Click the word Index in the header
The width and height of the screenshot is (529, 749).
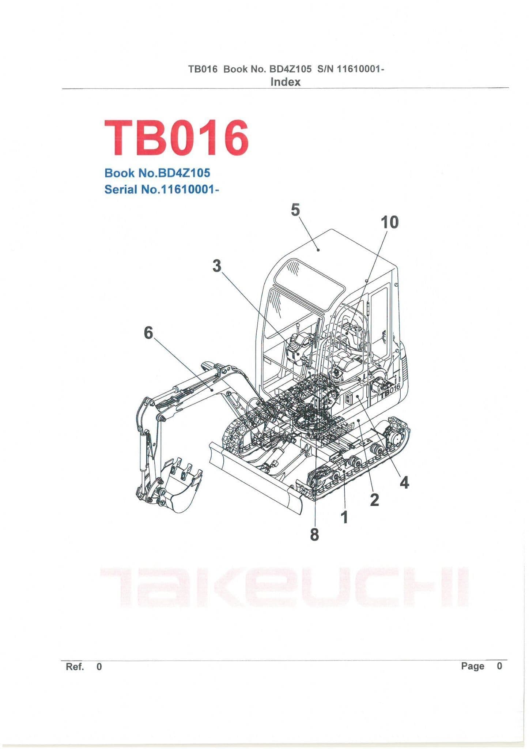point(285,82)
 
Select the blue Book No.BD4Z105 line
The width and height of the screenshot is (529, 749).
point(157,173)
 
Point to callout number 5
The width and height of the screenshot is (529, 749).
point(295,210)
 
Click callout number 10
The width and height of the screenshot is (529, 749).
point(389,222)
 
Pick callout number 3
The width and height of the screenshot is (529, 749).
point(217,266)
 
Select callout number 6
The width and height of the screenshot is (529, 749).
point(148,333)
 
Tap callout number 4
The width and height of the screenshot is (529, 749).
point(404,483)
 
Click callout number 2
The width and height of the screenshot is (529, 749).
point(374,500)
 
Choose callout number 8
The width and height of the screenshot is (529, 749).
point(314,535)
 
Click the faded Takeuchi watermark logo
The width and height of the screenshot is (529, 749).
point(284,588)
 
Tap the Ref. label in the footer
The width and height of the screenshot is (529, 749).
point(75,667)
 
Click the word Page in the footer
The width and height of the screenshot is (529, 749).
point(472,666)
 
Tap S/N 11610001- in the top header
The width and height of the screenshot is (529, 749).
point(351,69)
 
